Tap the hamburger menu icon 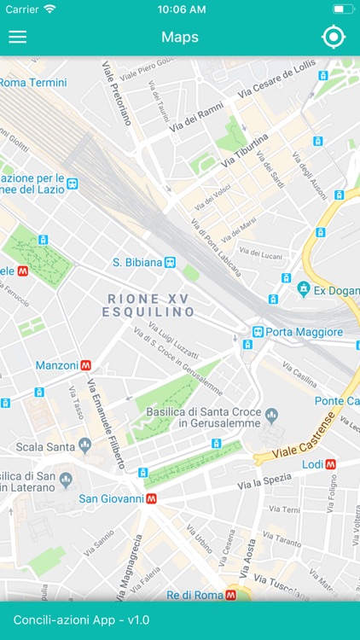point(17,37)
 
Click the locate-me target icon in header point(333,37)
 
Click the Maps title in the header point(180,37)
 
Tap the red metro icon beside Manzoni point(86,365)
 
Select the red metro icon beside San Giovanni point(151,498)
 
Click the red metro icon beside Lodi point(330,464)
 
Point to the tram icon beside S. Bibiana point(171,263)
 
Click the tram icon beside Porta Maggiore point(257,331)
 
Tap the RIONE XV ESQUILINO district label point(150,305)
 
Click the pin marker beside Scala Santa point(84,445)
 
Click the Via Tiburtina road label point(245,150)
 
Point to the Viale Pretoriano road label point(116,92)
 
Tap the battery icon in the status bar point(343,9)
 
